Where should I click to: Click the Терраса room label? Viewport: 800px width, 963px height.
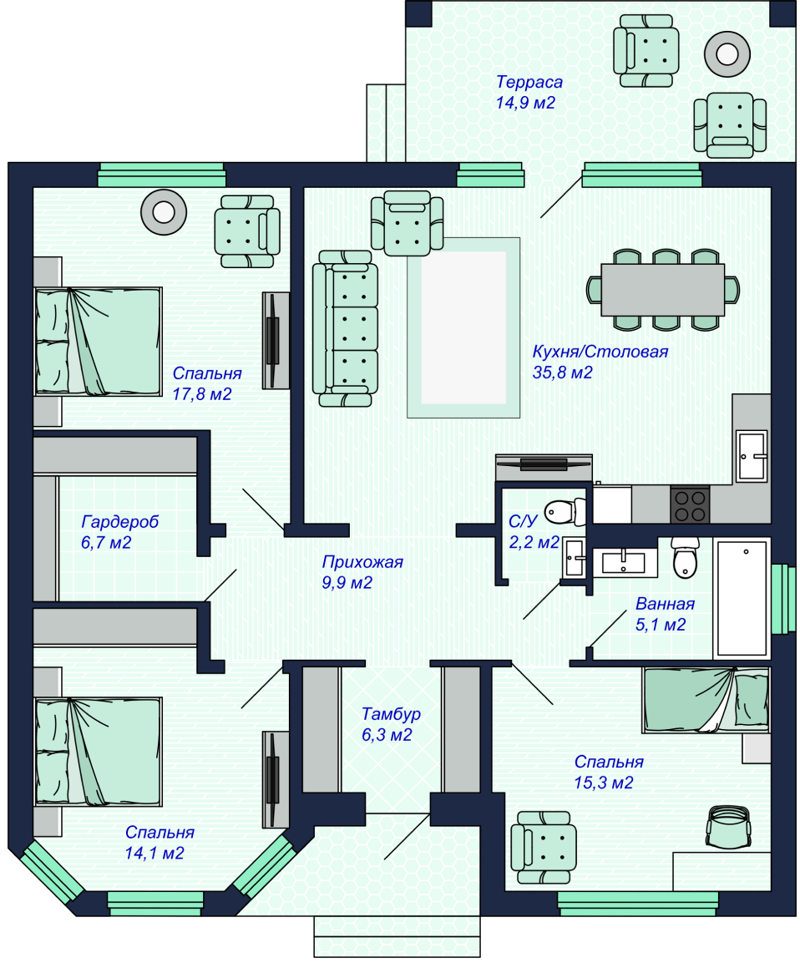529,82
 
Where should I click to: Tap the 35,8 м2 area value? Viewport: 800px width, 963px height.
562,373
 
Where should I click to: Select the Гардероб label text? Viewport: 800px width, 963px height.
119,522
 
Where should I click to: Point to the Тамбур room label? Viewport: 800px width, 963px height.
391,714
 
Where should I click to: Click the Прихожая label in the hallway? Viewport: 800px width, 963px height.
362,562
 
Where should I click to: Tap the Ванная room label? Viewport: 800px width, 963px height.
665,603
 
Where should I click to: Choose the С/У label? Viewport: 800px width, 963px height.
522,522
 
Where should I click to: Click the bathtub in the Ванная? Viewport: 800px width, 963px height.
742,596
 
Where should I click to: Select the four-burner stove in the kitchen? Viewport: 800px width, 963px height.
690,504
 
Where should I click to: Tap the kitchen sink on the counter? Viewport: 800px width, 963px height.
751,456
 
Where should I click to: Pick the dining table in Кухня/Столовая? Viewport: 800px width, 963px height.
663,289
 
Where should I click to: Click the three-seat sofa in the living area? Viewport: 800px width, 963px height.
344,327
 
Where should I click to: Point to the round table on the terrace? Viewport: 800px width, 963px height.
726,53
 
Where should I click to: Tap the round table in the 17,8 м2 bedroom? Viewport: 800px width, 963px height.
163,212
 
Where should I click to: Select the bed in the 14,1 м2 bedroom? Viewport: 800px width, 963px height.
98,752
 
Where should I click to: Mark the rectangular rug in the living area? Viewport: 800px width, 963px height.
463,327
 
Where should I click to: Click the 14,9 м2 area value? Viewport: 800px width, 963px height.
525,104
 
